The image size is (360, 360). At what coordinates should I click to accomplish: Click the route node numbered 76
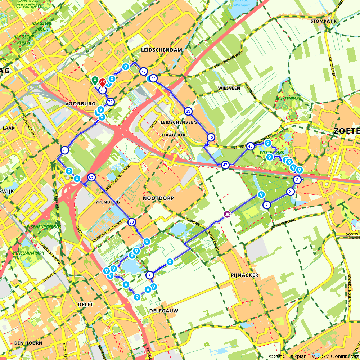click(143, 72)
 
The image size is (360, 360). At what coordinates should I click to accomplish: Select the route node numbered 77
click(153, 78)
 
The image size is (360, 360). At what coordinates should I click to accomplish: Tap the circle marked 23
click(188, 111)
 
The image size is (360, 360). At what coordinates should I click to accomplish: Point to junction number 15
click(211, 137)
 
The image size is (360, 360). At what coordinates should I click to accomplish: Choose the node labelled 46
click(251, 146)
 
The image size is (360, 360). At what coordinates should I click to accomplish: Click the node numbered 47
click(225, 165)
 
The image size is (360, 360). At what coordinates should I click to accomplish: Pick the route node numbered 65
click(91, 177)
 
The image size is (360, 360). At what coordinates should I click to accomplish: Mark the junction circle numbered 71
click(65, 150)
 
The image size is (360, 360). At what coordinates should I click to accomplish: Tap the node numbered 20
click(132, 222)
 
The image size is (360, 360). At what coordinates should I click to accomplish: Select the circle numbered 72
click(110, 102)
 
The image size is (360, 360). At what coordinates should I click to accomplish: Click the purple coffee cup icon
click(227, 214)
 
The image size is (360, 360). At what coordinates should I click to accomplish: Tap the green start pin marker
click(95, 80)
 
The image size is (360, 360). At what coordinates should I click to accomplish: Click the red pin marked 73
click(103, 82)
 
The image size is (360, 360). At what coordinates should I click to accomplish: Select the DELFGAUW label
click(164, 310)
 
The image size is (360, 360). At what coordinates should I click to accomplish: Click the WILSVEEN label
click(229, 88)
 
